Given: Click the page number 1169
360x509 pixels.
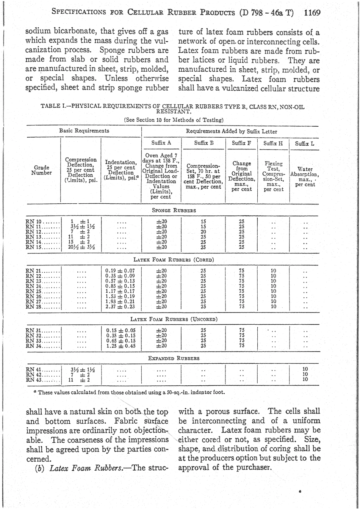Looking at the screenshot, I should pyautogui.click(x=312, y=13).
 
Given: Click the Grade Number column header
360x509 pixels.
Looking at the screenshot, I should pyautogui.click(x=42, y=170).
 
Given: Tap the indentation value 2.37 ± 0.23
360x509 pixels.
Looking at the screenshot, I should pyautogui.click(x=121, y=306).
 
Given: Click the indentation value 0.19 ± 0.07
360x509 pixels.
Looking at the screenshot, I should pyautogui.click(x=121, y=270).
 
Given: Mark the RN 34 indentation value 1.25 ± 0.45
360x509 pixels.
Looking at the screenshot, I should pyautogui.click(x=121, y=346).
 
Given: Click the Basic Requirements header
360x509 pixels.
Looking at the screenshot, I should pyautogui.click(x=84, y=130).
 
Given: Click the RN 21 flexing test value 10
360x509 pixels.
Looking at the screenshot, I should pyautogui.click(x=272, y=270).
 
